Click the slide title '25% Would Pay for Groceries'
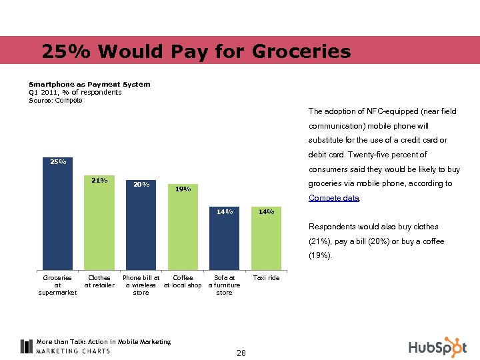click(x=195, y=51)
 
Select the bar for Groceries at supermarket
click(x=57, y=220)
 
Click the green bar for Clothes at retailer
click(x=99, y=227)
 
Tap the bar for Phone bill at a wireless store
click(x=141, y=230)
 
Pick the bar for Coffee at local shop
click(x=183, y=233)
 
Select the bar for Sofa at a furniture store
click(x=224, y=243)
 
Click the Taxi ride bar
click(x=266, y=243)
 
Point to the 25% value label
click(x=57, y=161)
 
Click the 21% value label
click(x=99, y=180)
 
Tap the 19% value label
click(x=183, y=189)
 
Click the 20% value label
click(x=141, y=185)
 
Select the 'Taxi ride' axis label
click(x=266, y=278)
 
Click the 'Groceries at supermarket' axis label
click(x=57, y=285)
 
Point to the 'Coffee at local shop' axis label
click(x=183, y=281)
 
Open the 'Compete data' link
click(x=334, y=198)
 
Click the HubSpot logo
click(x=437, y=347)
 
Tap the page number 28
click(x=241, y=353)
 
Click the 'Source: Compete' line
click(x=56, y=101)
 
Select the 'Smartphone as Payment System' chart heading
click(x=89, y=85)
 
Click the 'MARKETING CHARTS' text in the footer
click(x=73, y=351)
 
